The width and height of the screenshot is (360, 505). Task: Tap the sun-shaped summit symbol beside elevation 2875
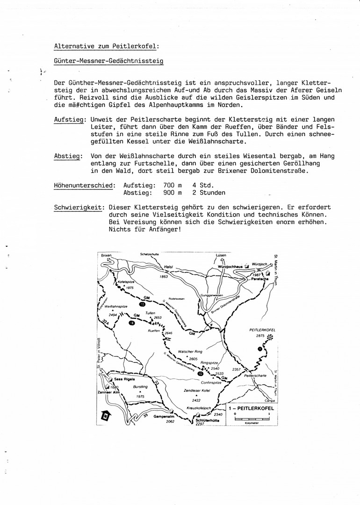(269, 337)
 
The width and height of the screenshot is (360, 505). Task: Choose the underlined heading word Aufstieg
(69, 120)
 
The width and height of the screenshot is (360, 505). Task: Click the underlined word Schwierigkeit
(78, 208)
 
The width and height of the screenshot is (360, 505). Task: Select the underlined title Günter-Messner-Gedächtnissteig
(108, 61)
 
